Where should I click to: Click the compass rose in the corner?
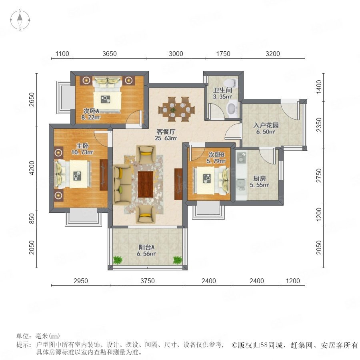20,20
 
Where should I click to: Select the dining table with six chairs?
176,109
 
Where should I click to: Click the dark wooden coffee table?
146,184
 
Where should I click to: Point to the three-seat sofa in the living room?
122,184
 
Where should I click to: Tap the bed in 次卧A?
107,95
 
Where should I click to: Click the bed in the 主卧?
72,174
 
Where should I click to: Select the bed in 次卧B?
212,181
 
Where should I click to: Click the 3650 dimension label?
110,54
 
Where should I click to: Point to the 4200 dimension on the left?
32,168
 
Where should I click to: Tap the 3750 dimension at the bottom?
147,281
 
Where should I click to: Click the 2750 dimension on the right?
319,176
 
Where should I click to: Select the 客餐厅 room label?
166,132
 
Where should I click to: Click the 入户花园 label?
266,125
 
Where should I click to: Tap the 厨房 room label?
260,178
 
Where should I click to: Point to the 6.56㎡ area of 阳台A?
146,254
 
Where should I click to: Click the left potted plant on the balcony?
118,260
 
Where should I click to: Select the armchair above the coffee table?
146,154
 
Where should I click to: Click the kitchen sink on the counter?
241,182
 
